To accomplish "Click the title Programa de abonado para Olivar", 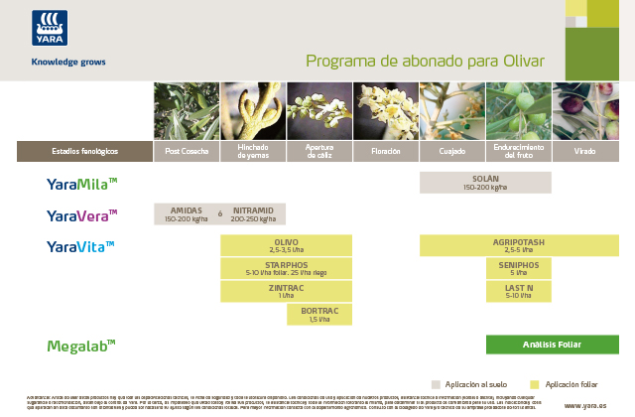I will click(425, 62).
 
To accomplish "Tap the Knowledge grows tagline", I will click(68, 62).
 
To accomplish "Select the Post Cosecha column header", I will click(187, 151).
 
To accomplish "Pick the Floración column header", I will click(385, 151).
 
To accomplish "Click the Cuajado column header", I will click(451, 151).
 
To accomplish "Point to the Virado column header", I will click(585, 151).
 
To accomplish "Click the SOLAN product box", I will click(484, 183).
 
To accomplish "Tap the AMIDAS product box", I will click(186, 214).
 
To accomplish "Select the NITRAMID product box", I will click(253, 214).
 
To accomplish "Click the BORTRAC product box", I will click(318, 315).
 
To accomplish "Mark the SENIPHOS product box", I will click(518, 268).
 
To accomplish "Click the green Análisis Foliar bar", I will click(552, 345).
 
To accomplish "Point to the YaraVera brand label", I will click(82, 214).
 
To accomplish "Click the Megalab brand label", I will click(81, 345).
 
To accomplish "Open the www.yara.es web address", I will click(584, 405).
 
